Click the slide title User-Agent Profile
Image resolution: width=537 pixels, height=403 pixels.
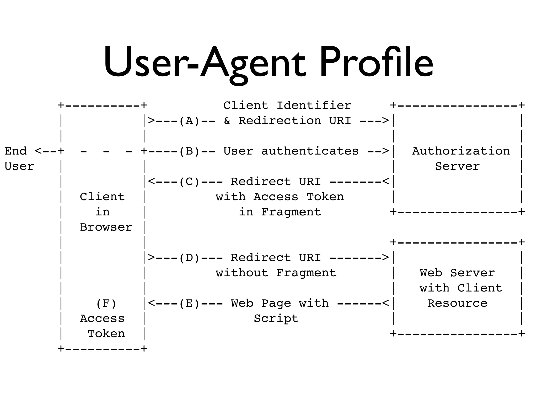coord(268,63)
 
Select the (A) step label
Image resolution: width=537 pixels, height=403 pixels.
coord(190,121)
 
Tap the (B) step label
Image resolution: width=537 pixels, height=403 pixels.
coord(190,151)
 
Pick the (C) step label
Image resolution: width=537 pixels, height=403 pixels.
coord(190,182)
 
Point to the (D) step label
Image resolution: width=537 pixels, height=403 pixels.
coord(190,258)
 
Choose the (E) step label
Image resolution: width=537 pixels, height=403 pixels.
coord(190,304)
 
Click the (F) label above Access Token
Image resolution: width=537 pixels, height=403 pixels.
coord(106,304)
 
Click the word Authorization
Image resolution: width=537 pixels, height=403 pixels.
coord(461,151)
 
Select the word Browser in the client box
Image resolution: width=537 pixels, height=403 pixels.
coord(106,227)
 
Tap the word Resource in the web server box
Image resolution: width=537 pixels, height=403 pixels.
coord(457,304)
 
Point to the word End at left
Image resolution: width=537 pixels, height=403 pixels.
coord(16,151)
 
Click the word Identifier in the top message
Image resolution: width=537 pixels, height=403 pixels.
coord(314,106)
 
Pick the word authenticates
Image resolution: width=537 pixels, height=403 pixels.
coord(310,151)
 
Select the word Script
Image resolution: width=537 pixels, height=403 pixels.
coord(276,319)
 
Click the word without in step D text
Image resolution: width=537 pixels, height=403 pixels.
coord(242,273)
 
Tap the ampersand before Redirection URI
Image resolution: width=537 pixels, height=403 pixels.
coord(227,121)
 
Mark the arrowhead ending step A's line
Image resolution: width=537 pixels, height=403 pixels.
coord(385,121)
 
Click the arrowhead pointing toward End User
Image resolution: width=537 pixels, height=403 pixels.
coord(38,151)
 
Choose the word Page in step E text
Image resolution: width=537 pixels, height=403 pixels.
coord(276,304)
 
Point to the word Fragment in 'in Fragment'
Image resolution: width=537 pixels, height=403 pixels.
coord(291,212)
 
